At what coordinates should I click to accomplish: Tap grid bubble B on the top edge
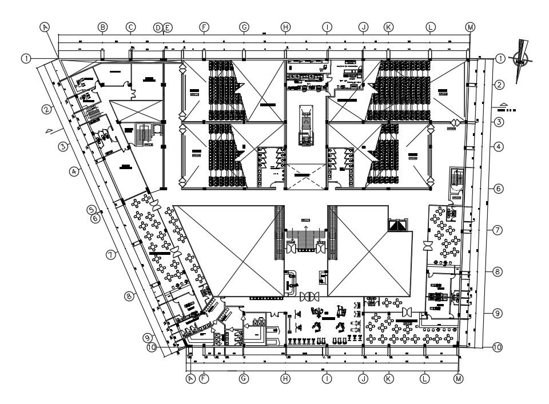[x=102, y=27]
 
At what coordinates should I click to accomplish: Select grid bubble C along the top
[x=130, y=27]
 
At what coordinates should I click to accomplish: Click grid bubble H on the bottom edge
[x=285, y=378]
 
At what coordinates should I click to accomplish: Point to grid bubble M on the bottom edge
[x=458, y=378]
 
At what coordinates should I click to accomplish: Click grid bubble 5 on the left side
[x=91, y=209]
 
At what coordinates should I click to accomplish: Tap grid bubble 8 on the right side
[x=498, y=272]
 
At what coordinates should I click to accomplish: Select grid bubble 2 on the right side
[x=499, y=85]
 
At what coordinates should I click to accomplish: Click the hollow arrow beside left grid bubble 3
[x=50, y=130]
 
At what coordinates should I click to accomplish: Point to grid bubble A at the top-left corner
[x=45, y=27]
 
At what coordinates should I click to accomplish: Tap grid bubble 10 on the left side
[x=152, y=346]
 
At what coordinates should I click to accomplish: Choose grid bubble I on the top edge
[x=327, y=27]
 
